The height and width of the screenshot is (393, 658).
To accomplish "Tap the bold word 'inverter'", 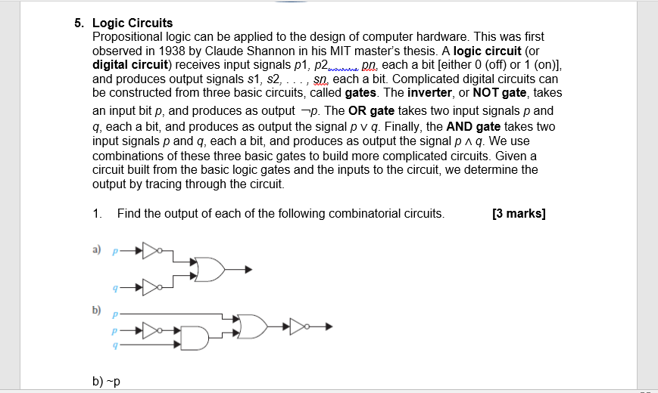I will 429,92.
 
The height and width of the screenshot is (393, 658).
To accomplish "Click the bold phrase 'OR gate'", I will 371,110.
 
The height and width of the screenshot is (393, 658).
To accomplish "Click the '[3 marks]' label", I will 519,213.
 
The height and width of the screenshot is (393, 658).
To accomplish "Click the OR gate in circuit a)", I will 209,269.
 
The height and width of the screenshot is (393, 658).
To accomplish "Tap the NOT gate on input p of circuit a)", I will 152,249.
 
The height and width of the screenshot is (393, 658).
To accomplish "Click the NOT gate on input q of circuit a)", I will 152,288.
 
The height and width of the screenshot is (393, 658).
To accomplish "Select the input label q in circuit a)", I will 115,288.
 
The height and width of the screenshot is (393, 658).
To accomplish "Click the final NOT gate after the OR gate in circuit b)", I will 298,326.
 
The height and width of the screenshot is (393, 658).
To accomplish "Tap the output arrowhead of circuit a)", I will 248,269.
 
